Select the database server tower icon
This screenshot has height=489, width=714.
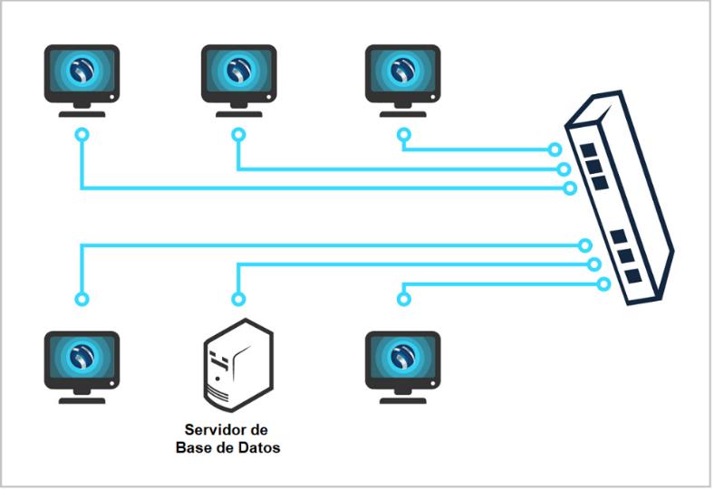point(237,362)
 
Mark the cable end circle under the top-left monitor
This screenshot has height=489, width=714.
point(82,135)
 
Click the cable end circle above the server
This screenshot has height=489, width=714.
point(237,298)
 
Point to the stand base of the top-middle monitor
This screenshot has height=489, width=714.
point(237,114)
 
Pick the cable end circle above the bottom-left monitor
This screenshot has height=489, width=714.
point(82,298)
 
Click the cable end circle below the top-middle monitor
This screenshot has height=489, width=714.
point(237,135)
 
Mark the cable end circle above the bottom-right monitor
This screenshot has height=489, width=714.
point(402,298)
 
